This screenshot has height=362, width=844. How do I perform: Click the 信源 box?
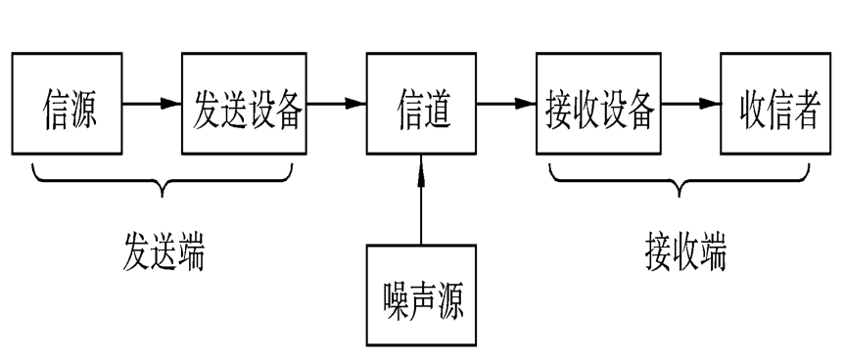tap(68, 104)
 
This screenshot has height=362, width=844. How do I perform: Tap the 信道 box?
tap(422, 104)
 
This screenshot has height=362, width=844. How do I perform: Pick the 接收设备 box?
tap(598, 104)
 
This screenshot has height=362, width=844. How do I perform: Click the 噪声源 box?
tap(422, 295)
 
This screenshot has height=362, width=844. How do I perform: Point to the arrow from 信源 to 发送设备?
tap(152, 103)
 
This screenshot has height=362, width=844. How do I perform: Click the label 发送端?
tap(164, 250)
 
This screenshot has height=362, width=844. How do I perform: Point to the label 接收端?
tap(685, 250)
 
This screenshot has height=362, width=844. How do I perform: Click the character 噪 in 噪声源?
tap(395, 296)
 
